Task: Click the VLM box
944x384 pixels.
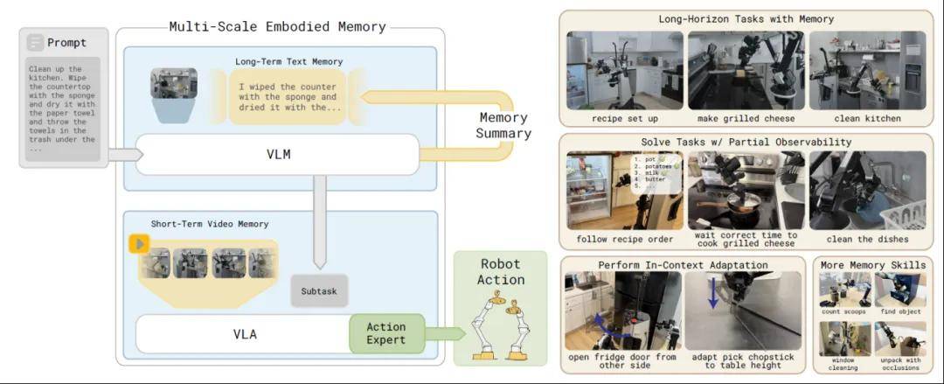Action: [x=278, y=155]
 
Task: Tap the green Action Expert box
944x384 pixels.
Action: [x=386, y=333]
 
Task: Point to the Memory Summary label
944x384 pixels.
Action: [x=504, y=125]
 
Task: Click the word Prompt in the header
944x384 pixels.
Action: [x=66, y=42]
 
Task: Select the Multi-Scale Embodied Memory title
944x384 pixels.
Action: [x=278, y=26]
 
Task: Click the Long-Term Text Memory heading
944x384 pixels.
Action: [x=288, y=61]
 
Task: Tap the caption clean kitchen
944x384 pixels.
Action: [x=866, y=118]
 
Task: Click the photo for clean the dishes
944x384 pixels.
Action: [x=866, y=191]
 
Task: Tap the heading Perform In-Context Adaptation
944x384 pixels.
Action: [x=683, y=264]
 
